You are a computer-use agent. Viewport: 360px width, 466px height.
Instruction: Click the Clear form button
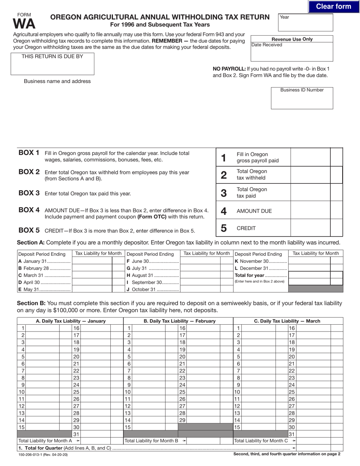click(333, 6)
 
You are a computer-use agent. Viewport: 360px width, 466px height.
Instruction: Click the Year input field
click(305, 23)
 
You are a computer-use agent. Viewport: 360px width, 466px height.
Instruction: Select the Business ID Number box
click(302, 98)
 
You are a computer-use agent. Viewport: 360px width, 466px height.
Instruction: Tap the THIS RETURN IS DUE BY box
click(52, 64)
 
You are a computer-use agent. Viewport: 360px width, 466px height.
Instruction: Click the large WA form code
click(24, 24)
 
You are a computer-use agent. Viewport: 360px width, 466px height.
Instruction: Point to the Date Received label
click(267, 45)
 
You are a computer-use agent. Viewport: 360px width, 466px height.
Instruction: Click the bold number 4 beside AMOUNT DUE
click(224, 211)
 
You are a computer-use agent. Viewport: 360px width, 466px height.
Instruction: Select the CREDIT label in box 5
click(246, 228)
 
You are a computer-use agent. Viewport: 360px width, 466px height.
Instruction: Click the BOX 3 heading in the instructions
click(29, 193)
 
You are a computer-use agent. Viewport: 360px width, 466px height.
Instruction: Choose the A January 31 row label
click(44, 261)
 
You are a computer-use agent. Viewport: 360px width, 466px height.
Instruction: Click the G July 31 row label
click(152, 268)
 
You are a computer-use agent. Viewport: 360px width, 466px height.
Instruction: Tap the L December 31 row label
click(261, 268)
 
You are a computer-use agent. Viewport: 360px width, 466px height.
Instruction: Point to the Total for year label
click(261, 275)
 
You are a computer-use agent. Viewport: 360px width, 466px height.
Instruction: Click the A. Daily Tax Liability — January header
click(70, 321)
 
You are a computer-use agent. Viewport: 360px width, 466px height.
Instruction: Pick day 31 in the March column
click(291, 434)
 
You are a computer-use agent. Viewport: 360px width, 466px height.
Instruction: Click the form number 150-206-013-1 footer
click(43, 454)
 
